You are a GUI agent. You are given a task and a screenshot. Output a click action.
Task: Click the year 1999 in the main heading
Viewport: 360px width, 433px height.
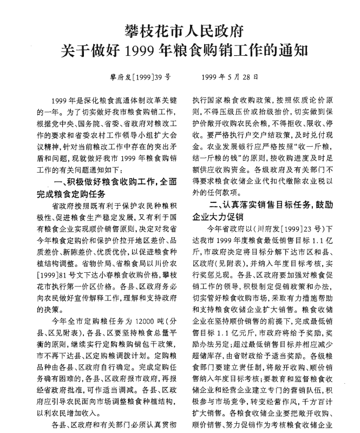(137, 52)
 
